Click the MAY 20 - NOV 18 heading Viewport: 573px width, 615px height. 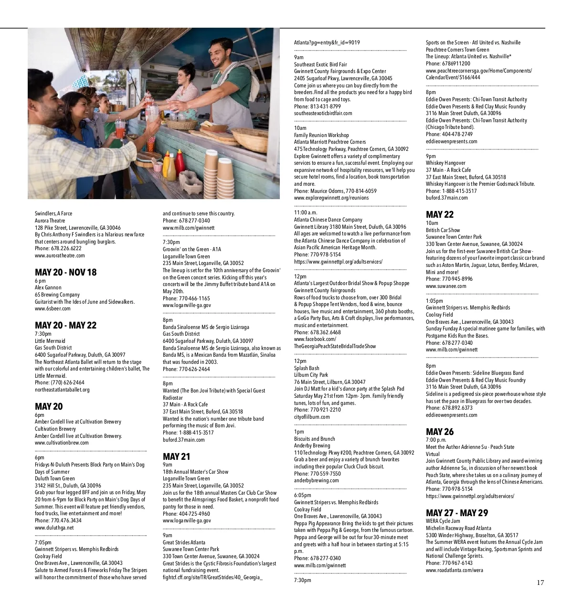pos(65,273)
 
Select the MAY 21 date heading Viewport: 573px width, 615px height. pos(176,457)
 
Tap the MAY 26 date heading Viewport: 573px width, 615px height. pos(439,432)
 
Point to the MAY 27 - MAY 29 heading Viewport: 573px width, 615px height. pos(456,513)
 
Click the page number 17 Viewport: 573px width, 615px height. pos(540,583)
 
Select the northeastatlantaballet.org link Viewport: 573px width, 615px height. pos(62,390)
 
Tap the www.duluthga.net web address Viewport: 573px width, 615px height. pos(54,528)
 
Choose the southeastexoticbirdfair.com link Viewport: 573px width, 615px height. pos(323,114)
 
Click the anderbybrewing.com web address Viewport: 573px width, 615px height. pos(316,481)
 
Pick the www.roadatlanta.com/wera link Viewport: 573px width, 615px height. pos(454,570)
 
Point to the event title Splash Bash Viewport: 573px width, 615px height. pos(307,368)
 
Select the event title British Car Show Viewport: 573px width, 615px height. pos(443,230)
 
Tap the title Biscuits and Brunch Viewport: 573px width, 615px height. pos(314,439)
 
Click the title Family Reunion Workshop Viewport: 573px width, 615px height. pos(321,135)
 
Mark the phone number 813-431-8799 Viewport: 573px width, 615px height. pos(325,106)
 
